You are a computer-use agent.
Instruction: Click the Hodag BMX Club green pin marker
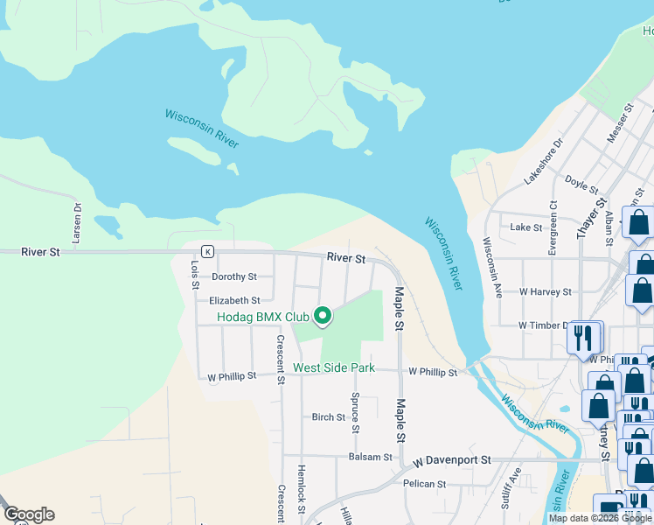323,316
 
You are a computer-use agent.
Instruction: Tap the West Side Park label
334,368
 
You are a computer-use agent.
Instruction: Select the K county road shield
207,251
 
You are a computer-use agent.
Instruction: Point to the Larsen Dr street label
77,222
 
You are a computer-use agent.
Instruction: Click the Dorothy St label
234,276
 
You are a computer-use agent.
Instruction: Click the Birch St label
329,417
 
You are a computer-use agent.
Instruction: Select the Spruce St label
356,412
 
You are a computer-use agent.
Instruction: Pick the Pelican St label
425,483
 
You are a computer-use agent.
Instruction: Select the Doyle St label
581,185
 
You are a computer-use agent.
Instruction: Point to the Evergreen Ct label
553,229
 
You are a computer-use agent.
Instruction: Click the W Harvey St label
545,291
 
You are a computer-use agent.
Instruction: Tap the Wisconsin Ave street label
493,267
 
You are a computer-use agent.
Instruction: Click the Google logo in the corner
29,514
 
